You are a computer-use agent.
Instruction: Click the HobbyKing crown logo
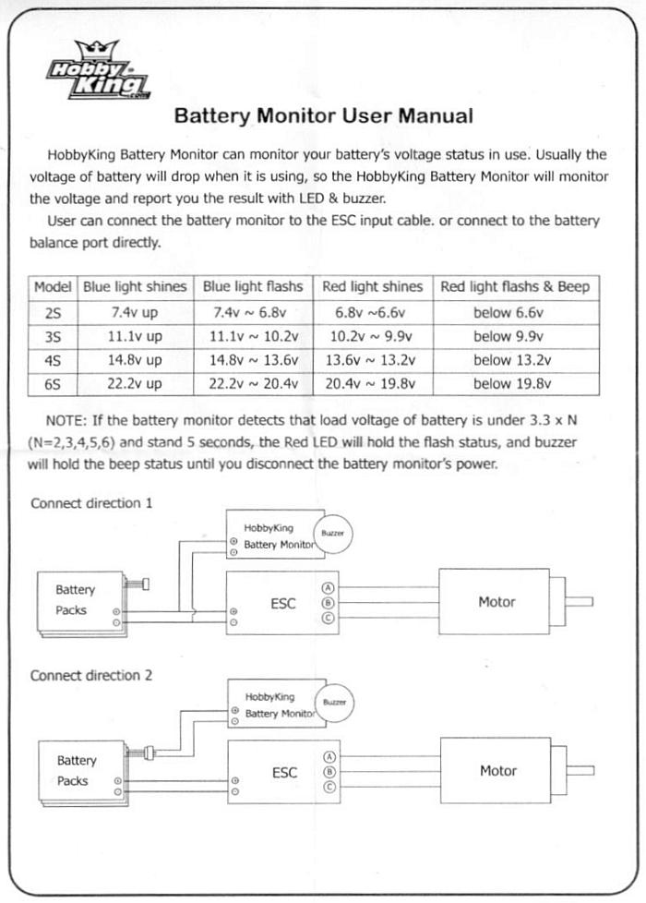(x=99, y=69)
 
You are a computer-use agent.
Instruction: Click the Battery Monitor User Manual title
(x=324, y=115)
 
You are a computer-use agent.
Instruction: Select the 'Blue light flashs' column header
(x=253, y=287)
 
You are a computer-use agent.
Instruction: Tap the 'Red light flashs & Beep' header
(x=515, y=287)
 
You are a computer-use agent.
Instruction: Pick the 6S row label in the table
(x=53, y=383)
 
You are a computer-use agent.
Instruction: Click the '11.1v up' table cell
(x=135, y=336)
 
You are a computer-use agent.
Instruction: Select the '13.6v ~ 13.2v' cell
(x=370, y=360)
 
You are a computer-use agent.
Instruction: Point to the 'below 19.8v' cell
(x=512, y=383)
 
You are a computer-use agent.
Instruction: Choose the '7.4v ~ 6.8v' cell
(x=250, y=313)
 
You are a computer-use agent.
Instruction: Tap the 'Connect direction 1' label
(x=91, y=503)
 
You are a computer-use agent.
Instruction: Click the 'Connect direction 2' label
(x=91, y=675)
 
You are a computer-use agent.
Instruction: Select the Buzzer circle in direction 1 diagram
(x=332, y=534)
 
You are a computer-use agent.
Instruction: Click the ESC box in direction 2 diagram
(x=284, y=772)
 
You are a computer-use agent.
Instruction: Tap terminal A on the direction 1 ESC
(x=329, y=588)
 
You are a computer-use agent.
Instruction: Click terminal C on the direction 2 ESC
(x=329, y=787)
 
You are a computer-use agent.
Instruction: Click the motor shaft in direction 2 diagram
(x=580, y=771)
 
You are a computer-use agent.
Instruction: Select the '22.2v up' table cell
(x=134, y=383)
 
